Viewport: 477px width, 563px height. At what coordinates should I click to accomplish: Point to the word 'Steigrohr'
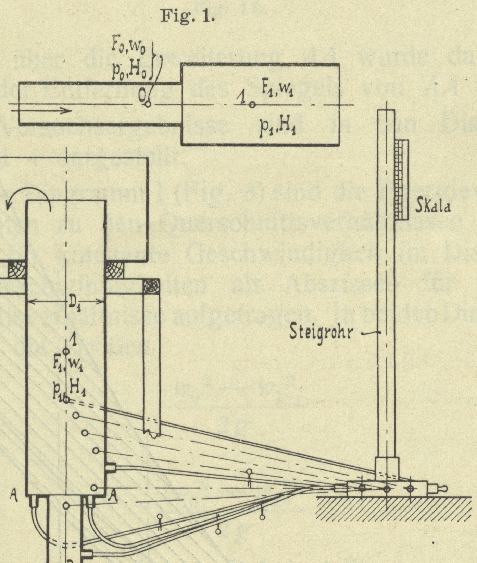[x=321, y=332]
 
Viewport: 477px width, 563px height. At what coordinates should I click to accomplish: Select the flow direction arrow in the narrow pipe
[x=41, y=110]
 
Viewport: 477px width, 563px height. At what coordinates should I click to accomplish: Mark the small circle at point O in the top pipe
[x=148, y=104]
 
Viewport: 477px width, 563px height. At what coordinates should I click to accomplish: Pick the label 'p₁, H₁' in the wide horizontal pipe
[x=277, y=128]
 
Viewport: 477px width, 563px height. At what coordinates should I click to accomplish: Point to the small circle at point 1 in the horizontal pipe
[x=252, y=105]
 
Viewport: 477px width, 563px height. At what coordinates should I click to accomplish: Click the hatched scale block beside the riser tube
[x=401, y=180]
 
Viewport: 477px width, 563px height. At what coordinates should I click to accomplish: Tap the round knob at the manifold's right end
[x=444, y=488]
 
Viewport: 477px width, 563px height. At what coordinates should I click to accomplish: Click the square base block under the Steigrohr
[x=387, y=468]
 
